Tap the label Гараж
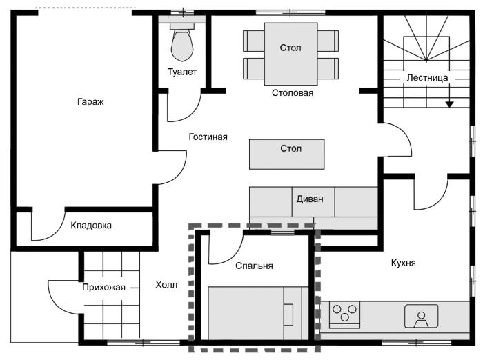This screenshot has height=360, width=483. pos(90,101)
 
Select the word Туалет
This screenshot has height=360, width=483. pos(182,72)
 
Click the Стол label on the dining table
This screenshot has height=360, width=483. pos(290,48)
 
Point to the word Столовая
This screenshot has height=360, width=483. pos(293,92)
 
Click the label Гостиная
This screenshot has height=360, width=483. pos(208,137)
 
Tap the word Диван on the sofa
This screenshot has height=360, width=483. pos(310,199)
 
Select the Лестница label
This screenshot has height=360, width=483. pos(427,78)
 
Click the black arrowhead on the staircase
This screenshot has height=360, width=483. pos(450,104)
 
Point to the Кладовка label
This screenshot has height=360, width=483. pos(91,226)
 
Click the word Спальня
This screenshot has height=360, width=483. pos(254,266)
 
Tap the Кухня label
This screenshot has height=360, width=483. pos(403,263)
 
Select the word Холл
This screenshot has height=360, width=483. pos(166,285)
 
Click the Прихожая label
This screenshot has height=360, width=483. pos(103,288)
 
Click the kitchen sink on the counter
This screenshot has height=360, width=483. pos(421,317)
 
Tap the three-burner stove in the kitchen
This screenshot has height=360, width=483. pos(344,314)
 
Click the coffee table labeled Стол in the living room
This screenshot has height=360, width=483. pos(286,154)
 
